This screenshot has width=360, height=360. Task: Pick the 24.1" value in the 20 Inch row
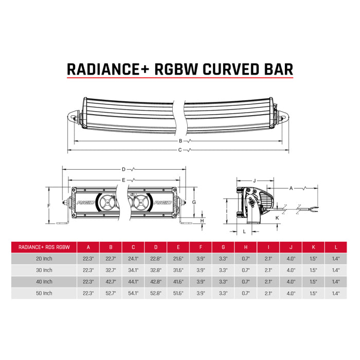tap(133, 258)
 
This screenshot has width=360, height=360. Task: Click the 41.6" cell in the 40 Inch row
tap(178, 282)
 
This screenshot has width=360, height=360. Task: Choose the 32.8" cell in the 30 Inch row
tap(155, 270)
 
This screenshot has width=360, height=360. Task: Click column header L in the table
tap(336, 246)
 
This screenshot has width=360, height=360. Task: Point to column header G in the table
tap(223, 246)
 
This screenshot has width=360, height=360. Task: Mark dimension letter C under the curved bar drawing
tap(179, 150)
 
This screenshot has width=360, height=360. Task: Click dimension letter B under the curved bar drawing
tap(181, 140)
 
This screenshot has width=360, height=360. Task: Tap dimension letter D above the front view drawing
tap(123, 169)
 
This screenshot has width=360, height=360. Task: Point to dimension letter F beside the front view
tap(48, 206)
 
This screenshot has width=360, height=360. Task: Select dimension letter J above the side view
tap(255, 181)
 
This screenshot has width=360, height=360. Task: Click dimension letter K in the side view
tap(277, 218)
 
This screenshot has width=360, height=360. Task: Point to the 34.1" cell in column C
tap(133, 270)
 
